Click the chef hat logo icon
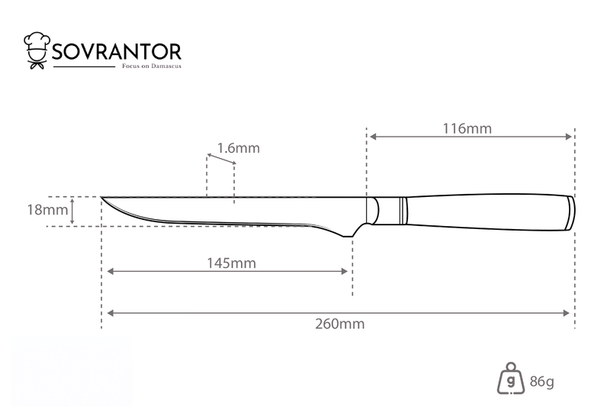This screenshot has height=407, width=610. (37, 50)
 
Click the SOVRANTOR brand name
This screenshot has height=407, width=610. (117, 52)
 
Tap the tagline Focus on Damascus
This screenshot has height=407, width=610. (152, 66)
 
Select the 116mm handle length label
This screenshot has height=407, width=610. (467, 128)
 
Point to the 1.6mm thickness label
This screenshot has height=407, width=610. (238, 148)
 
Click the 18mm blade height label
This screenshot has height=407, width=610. (47, 210)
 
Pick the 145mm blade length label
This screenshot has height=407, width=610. (231, 263)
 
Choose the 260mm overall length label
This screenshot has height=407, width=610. (339, 324)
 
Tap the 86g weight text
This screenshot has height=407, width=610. (542, 381)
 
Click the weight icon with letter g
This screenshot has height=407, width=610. (511, 379)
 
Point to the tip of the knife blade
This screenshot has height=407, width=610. (101, 198)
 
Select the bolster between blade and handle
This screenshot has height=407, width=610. (372, 211)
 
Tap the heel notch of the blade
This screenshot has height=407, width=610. (348, 235)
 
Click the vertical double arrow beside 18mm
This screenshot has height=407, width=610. (72, 211)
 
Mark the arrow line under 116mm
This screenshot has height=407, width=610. (470, 137)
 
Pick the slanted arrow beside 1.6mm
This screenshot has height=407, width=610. (221, 159)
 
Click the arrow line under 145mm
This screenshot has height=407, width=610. (227, 271)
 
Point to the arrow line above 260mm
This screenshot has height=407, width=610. (338, 313)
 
